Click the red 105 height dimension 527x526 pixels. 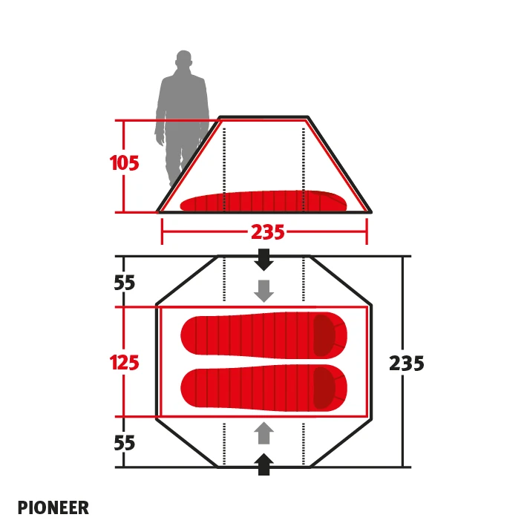124,163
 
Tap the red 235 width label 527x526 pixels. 268,232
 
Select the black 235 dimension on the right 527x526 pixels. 406,363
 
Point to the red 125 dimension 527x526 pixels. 124,363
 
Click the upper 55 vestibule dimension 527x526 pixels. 125,283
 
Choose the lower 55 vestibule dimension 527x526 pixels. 125,443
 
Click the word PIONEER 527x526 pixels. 53,507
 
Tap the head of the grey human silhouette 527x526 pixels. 183,60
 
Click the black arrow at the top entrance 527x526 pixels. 263,260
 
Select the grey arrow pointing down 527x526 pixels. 263,291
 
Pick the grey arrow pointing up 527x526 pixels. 263,433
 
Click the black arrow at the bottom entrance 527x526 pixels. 263,464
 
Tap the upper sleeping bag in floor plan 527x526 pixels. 263,335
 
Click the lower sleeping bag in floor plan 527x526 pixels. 263,388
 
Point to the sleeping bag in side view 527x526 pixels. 263,202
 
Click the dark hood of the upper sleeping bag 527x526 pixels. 324,335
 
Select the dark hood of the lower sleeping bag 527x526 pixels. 324,388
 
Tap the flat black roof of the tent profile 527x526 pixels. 263,117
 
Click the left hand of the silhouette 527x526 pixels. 160,139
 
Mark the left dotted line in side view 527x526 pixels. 224,170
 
